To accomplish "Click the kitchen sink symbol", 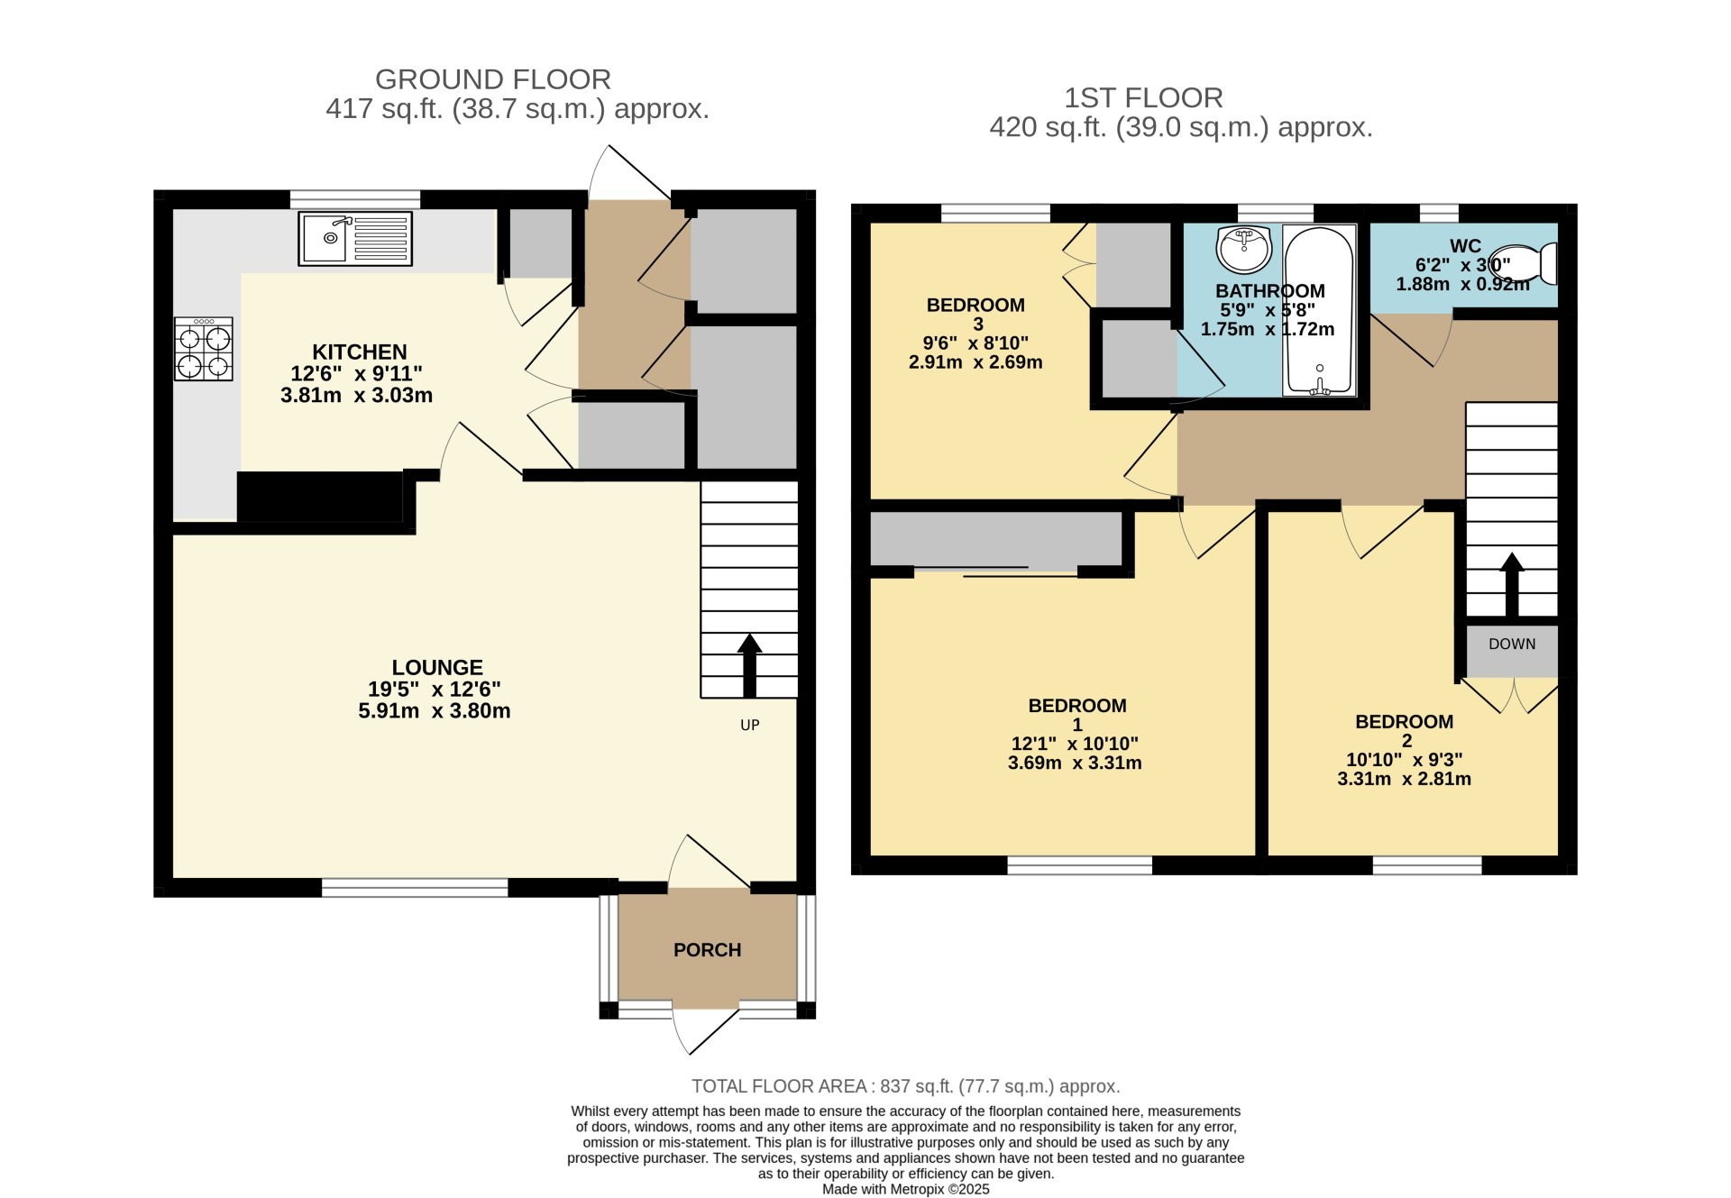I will pyautogui.click(x=355, y=239).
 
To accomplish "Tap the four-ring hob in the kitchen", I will pyautogui.click(x=204, y=349).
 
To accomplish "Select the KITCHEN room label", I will pyautogui.click(x=360, y=352).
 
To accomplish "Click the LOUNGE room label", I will pyautogui.click(x=437, y=667).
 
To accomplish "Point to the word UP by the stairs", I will pyautogui.click(x=750, y=725).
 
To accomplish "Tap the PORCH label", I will pyautogui.click(x=708, y=950).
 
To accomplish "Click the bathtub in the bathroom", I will pyautogui.click(x=1319, y=310).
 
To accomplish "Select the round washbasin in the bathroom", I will pyautogui.click(x=1244, y=248).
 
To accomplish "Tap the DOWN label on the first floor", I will pyautogui.click(x=1512, y=644).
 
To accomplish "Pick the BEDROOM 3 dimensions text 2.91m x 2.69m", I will pyautogui.click(x=975, y=362).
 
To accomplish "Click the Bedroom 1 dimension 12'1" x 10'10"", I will pyautogui.click(x=1075, y=744).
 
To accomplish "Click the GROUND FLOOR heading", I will pyautogui.click(x=493, y=79).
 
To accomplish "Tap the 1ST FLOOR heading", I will pyautogui.click(x=1143, y=97).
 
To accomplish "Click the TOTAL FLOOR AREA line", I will pyautogui.click(x=905, y=1086).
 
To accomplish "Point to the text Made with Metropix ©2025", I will pyautogui.click(x=905, y=1189).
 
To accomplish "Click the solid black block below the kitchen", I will pyautogui.click(x=319, y=497).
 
